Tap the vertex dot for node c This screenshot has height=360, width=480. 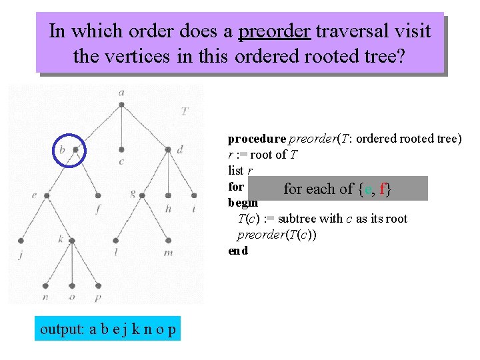click(x=121, y=149)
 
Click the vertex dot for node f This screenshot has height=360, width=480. click(x=98, y=196)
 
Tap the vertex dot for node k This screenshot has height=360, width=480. click(x=68, y=240)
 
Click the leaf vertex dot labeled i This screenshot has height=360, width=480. click(x=193, y=195)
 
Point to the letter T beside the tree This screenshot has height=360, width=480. click(x=183, y=111)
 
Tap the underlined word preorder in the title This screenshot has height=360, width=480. click(x=274, y=31)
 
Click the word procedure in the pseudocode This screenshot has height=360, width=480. click(x=257, y=139)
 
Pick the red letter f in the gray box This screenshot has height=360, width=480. click(x=383, y=189)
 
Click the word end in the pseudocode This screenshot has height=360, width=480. click(x=238, y=251)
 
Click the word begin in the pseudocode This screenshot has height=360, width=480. click(x=243, y=202)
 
